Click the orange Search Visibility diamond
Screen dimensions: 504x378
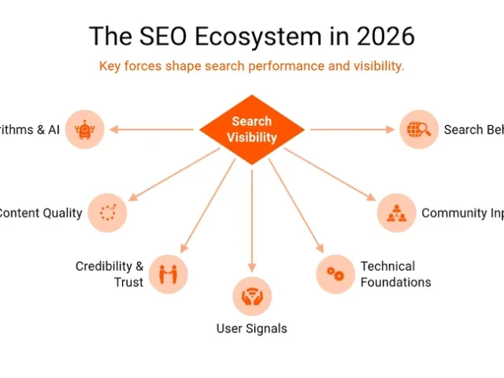tap(252, 130)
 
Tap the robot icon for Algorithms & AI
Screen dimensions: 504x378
tap(84, 129)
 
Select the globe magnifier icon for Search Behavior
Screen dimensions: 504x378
tap(419, 129)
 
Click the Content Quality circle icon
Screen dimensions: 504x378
tap(107, 212)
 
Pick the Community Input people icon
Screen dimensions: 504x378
tap(397, 213)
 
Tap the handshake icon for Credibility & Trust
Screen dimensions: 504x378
tap(168, 273)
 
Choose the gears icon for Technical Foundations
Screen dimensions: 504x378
tap(335, 274)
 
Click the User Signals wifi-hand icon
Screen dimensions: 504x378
tap(252, 296)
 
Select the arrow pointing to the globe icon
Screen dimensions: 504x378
tap(351, 129)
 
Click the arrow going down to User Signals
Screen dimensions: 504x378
tap(252, 220)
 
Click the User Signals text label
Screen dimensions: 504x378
tap(252, 328)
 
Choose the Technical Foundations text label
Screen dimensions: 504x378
tap(395, 274)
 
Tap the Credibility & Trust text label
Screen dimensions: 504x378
tap(109, 274)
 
